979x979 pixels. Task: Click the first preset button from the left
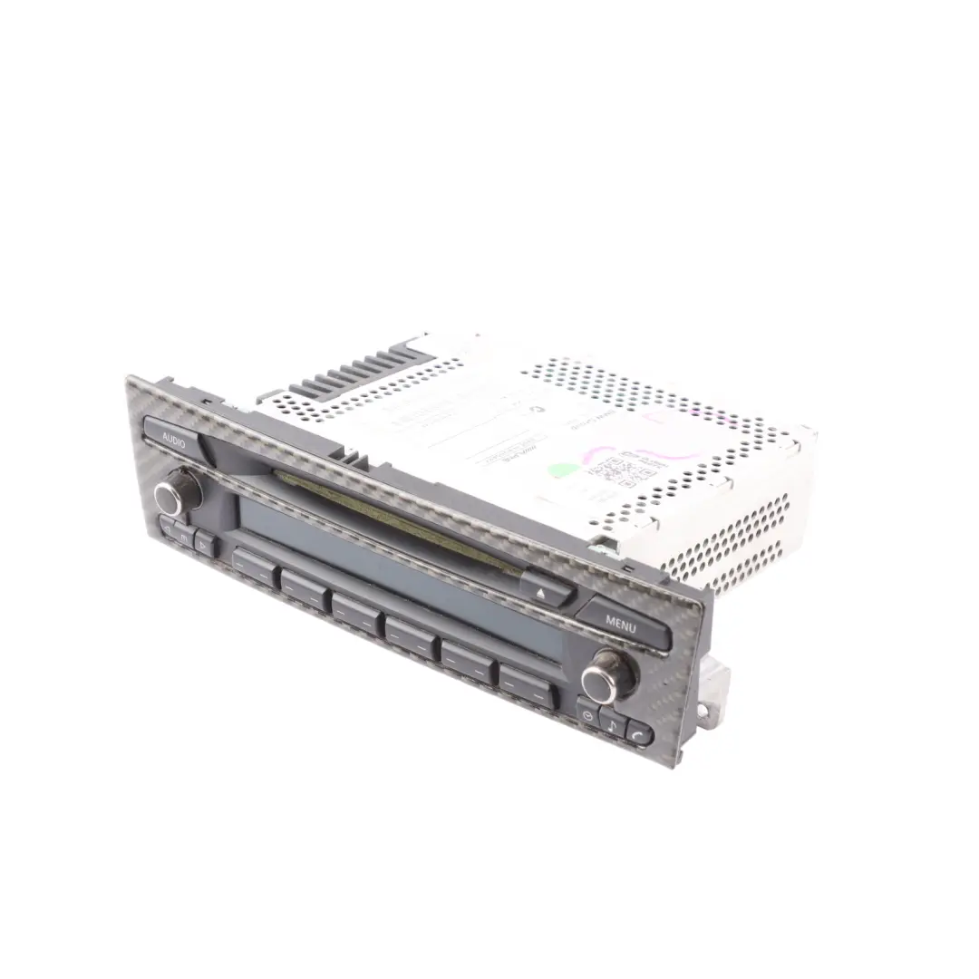[x=253, y=566]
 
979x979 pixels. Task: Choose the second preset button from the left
[x=304, y=588]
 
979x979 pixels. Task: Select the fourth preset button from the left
[x=412, y=634]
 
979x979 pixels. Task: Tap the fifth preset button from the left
[x=469, y=659]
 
